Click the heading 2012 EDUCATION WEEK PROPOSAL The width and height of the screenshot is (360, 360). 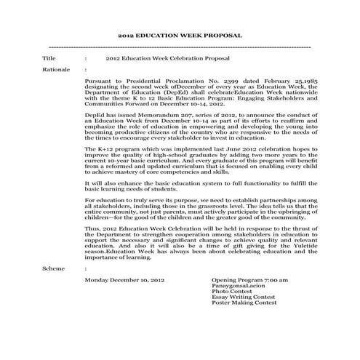pyautogui.click(x=180, y=34)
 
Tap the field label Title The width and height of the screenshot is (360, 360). pyautogui.click(x=49, y=56)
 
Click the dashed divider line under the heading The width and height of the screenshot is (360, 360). pyautogui.click(x=179, y=46)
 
